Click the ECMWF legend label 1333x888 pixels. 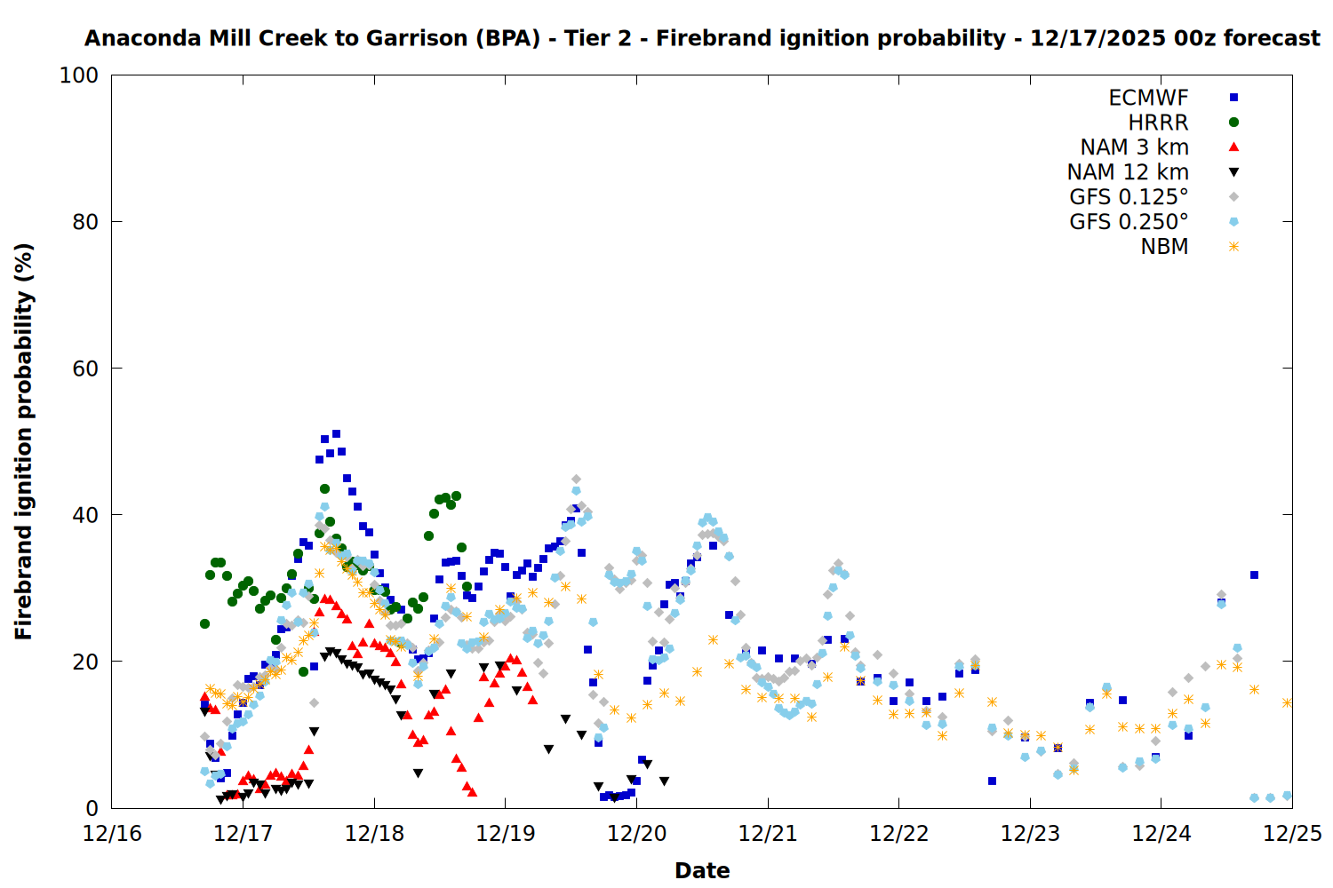coord(1148,98)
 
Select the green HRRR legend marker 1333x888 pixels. coord(1233,123)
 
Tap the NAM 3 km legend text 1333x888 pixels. coord(1134,147)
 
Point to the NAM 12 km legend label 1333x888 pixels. coord(1128,172)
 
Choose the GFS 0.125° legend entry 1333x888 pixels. coord(1129,197)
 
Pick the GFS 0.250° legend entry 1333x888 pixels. coord(1129,222)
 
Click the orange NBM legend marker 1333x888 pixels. coord(1233,247)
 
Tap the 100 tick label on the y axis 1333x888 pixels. coord(79,75)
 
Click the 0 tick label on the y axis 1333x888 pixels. coord(92,808)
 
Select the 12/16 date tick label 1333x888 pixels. coord(112,834)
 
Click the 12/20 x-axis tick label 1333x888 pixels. coord(637,834)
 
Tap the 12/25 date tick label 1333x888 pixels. coord(1292,834)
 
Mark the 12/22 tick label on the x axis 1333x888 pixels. coord(899,834)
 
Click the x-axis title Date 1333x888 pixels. coord(702,870)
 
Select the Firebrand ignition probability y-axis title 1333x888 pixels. coord(24,441)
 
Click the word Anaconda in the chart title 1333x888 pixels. coord(142,38)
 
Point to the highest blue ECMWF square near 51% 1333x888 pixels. coord(336,434)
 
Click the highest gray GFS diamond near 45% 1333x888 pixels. coord(576,480)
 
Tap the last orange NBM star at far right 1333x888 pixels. coord(1287,702)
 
